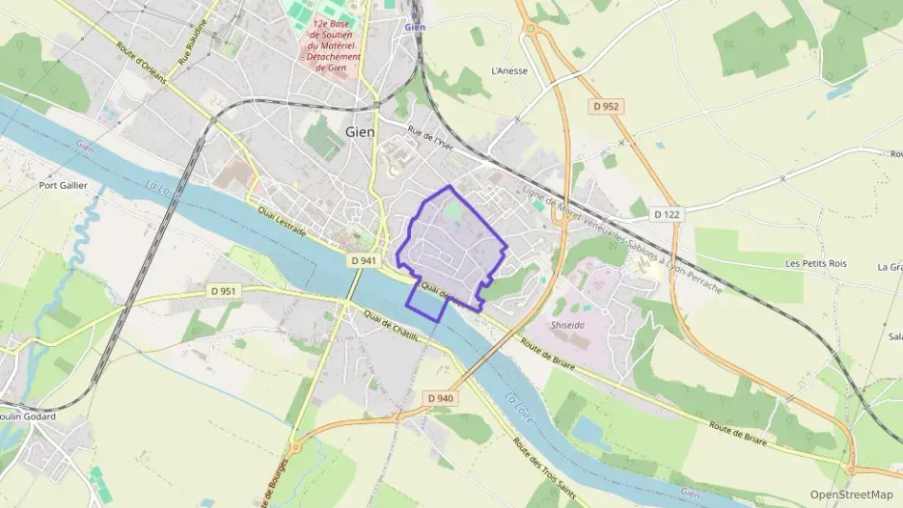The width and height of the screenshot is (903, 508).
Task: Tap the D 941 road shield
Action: click(x=362, y=260)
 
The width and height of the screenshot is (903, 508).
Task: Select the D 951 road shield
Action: click(x=223, y=290)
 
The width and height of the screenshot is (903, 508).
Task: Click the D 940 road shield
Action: click(x=439, y=398)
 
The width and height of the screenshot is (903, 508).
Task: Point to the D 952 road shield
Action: click(x=605, y=106)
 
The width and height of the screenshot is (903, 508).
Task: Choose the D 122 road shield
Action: click(x=667, y=213)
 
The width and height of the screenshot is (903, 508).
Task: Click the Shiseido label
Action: click(x=566, y=325)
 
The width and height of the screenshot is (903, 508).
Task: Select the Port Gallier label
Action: click(x=63, y=185)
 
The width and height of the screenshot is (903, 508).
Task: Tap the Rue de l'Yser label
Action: click(x=429, y=141)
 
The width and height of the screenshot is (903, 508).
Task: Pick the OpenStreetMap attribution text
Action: click(x=852, y=495)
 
